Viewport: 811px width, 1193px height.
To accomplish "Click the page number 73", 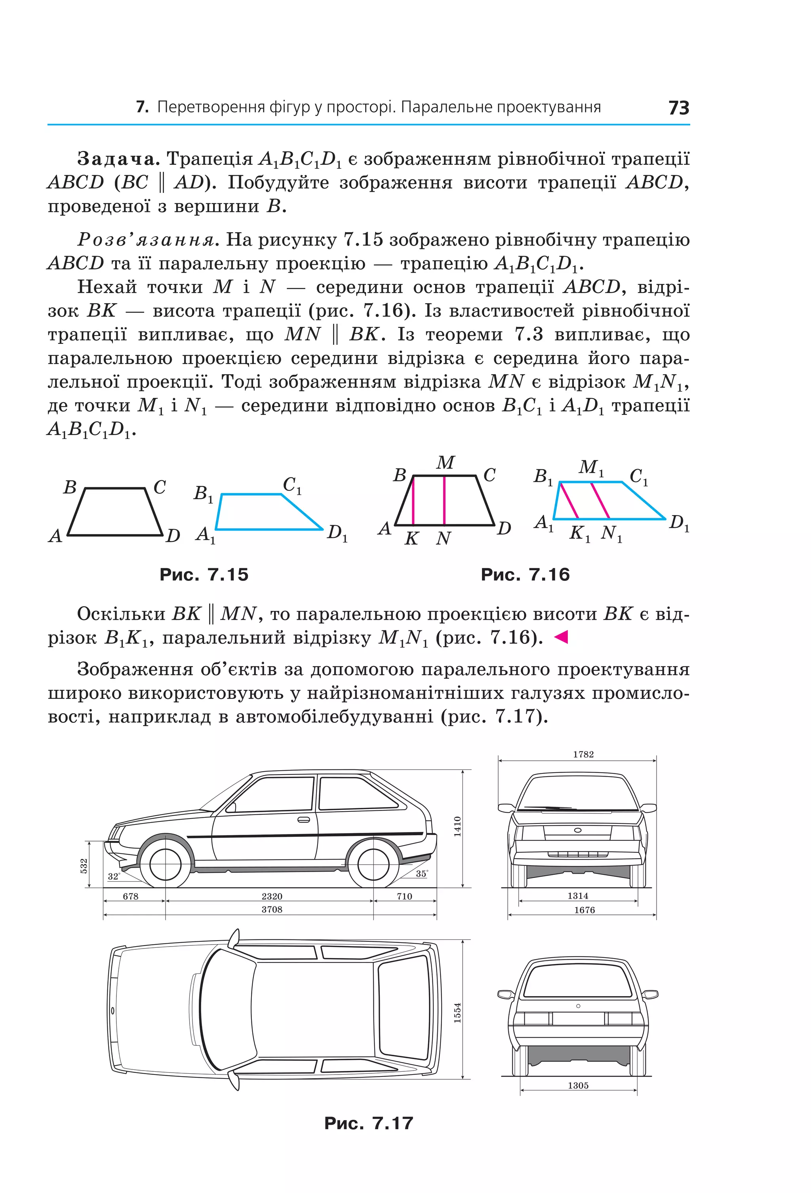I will (x=679, y=107).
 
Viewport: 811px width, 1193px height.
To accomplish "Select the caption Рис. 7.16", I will (x=525, y=575).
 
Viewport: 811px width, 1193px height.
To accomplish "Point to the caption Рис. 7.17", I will (x=368, y=1123).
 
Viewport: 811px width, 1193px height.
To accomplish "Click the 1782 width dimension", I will (x=583, y=754).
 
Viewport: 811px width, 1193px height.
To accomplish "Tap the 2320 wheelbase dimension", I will (x=272, y=896).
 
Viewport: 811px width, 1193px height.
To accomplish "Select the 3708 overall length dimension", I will (x=272, y=909).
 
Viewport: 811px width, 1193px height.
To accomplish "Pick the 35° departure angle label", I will (x=422, y=873).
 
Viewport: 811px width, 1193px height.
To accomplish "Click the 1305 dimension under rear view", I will (x=578, y=1085).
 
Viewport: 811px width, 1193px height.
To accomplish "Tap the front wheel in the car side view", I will (x=165, y=864).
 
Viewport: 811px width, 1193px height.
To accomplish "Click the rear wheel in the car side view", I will (x=373, y=864).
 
